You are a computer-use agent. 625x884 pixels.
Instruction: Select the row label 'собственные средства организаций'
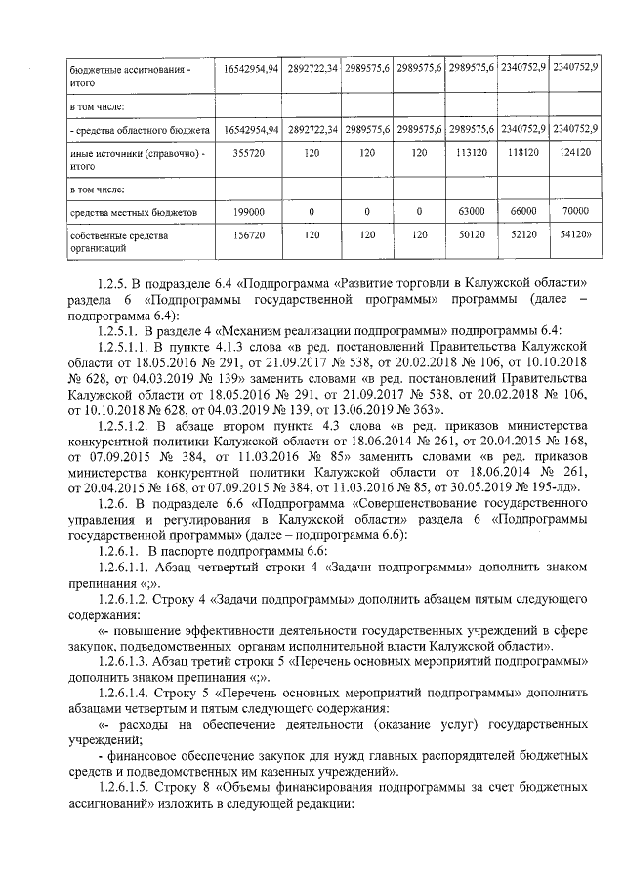point(112,241)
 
